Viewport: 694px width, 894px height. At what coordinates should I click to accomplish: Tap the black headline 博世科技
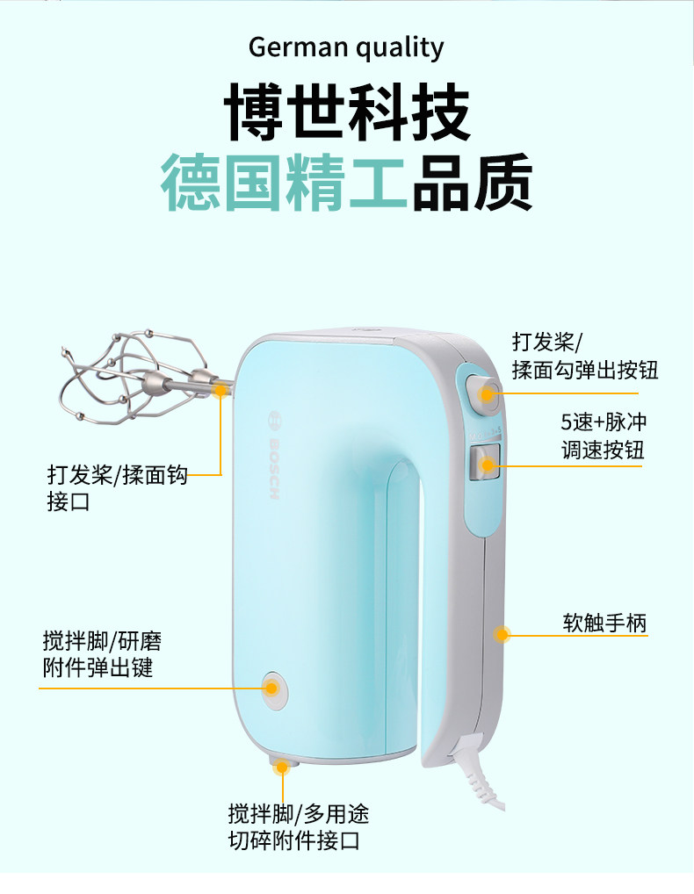tap(347, 112)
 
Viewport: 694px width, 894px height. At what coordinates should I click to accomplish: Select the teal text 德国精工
tap(284, 182)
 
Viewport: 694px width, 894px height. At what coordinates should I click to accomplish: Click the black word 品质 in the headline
tap(472, 182)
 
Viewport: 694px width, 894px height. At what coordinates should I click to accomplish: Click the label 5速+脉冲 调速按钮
tap(604, 436)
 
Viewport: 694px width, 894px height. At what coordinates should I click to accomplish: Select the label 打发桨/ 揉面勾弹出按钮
tap(584, 356)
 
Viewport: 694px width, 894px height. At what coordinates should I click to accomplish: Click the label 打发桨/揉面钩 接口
tap(117, 489)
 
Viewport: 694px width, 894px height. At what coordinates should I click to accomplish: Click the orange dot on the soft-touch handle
tap(502, 633)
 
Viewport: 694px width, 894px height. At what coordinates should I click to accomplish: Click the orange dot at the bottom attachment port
tap(282, 767)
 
